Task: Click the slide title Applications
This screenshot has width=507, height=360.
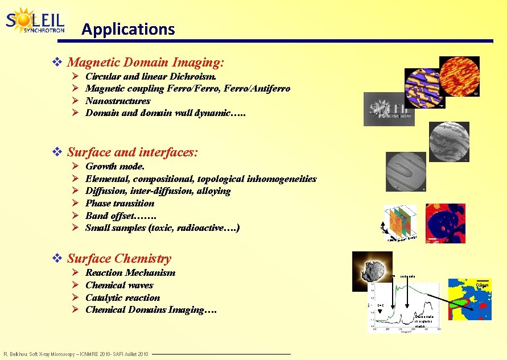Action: tap(128, 29)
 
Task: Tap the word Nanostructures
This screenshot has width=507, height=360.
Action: tap(118, 101)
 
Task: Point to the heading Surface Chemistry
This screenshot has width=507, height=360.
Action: tap(119, 258)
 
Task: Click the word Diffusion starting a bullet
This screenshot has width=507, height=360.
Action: tap(105, 191)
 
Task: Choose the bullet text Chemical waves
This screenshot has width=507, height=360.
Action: tap(119, 285)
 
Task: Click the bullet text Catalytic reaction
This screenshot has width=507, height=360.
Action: tap(122, 297)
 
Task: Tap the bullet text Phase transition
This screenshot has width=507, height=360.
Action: tap(119, 203)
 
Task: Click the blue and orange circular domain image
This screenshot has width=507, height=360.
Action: tap(424, 88)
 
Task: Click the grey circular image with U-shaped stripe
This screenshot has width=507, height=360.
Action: tap(406, 171)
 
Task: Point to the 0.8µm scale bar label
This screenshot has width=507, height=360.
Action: tap(483, 284)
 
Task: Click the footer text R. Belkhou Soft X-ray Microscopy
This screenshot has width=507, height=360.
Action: tap(76, 354)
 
